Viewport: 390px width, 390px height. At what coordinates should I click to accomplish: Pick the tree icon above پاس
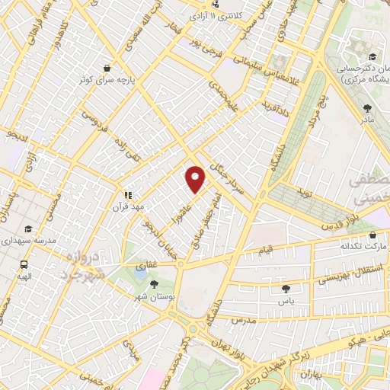point(286,289)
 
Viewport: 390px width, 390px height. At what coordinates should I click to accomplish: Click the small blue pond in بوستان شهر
point(140,270)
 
